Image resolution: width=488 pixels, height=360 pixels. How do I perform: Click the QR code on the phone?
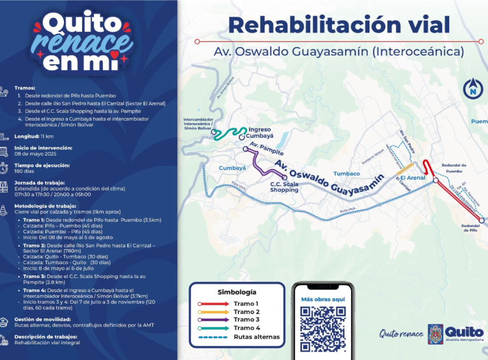(x=322, y=328)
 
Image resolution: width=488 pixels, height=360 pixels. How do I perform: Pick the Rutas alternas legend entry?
(x=256, y=337)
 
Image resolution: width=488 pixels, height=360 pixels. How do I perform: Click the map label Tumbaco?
(x=347, y=174)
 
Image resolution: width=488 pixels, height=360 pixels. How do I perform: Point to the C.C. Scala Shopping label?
(x=284, y=187)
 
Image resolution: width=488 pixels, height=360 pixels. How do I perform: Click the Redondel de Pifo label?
(x=469, y=228)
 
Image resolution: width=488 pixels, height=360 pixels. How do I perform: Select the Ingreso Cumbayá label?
(x=260, y=132)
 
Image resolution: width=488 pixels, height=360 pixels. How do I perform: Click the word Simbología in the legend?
(x=236, y=292)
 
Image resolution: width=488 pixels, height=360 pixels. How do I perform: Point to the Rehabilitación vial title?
(x=339, y=25)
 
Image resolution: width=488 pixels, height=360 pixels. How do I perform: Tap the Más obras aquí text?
(x=322, y=299)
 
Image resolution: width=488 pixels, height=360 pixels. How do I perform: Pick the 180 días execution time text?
(x=24, y=171)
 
